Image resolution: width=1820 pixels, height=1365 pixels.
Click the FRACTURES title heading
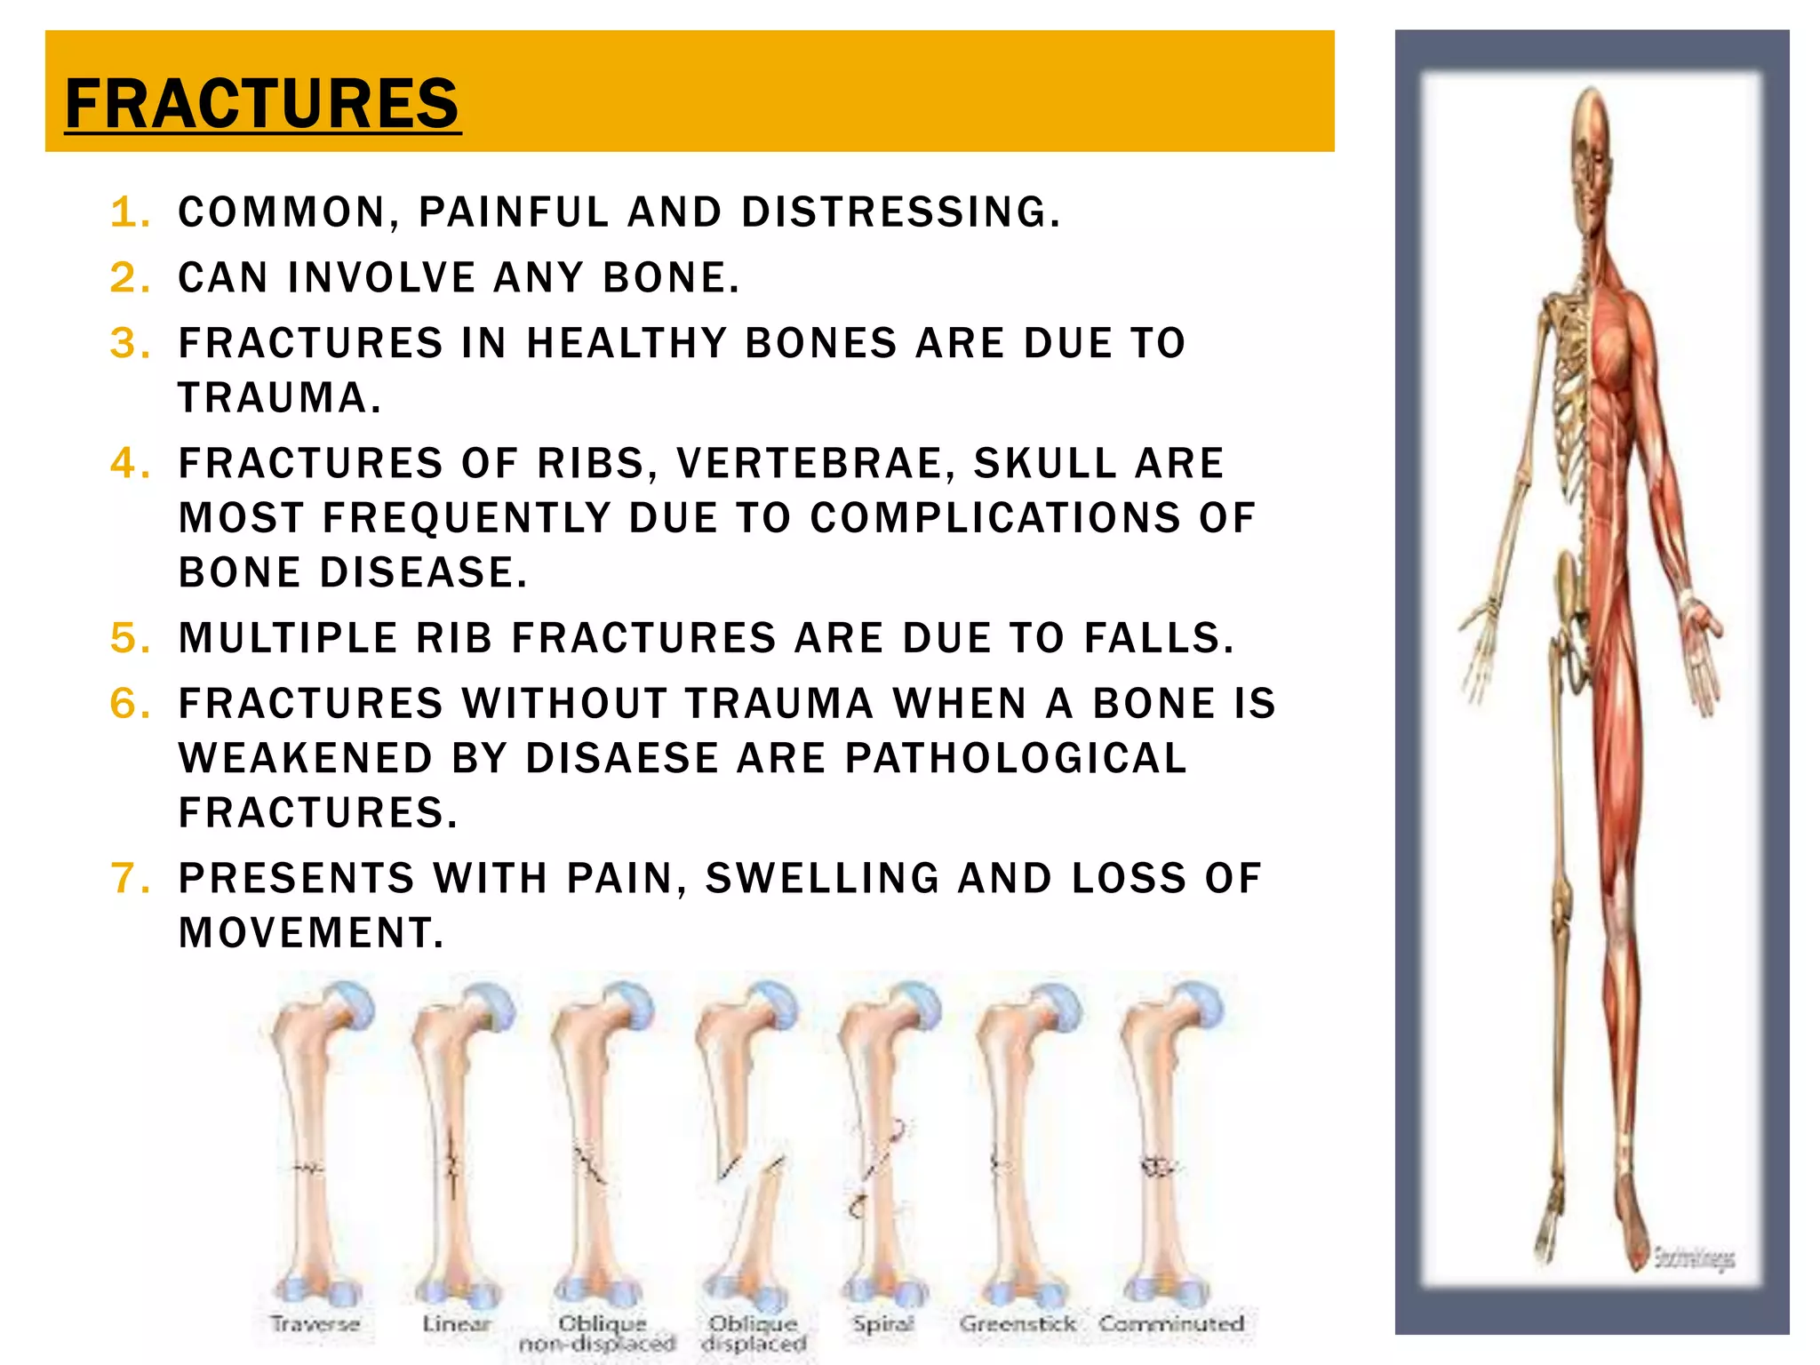click(262, 104)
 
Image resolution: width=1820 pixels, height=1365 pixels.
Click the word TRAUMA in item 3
click(279, 398)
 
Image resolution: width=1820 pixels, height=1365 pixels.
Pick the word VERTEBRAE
click(808, 464)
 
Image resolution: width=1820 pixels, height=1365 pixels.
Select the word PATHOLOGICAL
click(1016, 759)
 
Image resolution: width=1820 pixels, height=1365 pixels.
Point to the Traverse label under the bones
click(315, 1324)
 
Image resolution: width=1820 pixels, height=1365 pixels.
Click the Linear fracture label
click(456, 1324)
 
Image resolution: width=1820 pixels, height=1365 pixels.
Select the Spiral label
click(882, 1324)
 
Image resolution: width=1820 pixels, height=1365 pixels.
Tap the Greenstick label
click(1017, 1324)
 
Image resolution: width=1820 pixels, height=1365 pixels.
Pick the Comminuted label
click(1170, 1324)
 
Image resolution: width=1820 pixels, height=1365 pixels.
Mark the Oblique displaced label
click(754, 1334)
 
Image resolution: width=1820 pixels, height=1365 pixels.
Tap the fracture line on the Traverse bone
click(308, 1170)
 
